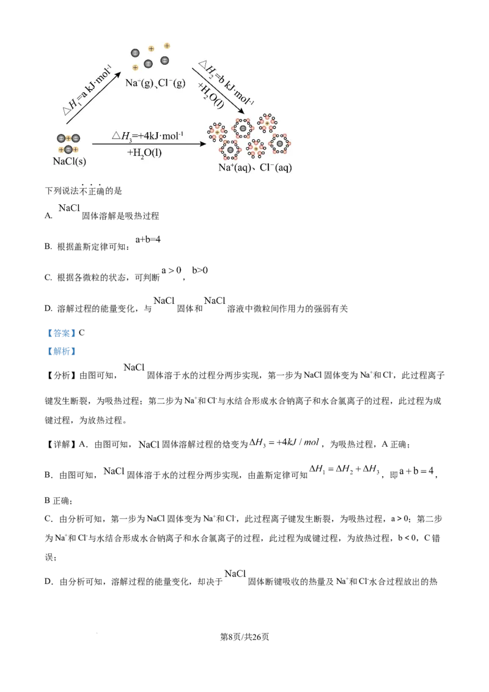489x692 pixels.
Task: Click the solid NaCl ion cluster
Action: tap(68, 144)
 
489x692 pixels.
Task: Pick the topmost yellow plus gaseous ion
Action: tap(167, 46)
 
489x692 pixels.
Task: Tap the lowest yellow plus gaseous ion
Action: tap(135, 67)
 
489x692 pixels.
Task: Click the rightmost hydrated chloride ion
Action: tap(279, 143)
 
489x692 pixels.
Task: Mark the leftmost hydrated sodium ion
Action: tap(216, 131)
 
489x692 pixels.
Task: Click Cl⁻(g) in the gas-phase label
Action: tap(172, 83)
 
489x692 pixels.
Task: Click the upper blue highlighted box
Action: tap(61, 333)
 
